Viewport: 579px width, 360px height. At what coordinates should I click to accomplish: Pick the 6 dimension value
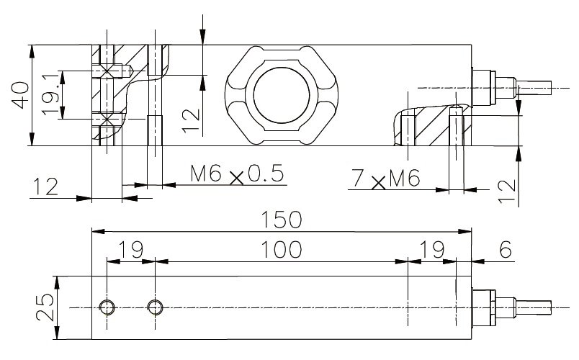coord(505,249)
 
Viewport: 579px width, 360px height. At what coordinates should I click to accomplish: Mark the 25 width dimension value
coord(44,307)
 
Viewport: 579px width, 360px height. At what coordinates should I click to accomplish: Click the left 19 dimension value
coord(130,249)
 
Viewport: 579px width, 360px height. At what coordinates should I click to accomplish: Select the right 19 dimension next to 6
coord(431,249)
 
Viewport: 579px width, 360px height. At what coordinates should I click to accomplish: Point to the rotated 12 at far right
coord(508,190)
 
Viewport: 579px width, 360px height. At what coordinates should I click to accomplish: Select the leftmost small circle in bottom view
coord(107,307)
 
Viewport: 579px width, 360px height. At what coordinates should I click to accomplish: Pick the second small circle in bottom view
coord(154,307)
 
